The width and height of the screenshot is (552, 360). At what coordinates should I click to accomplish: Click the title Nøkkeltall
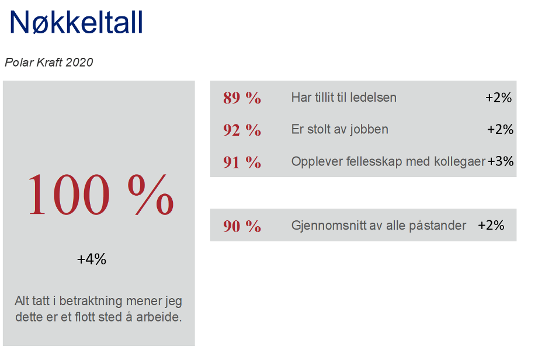pyautogui.click(x=77, y=22)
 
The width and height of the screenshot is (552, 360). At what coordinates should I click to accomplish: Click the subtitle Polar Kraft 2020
pyautogui.click(x=48, y=63)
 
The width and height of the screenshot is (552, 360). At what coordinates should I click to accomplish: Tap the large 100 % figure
pyautogui.click(x=100, y=194)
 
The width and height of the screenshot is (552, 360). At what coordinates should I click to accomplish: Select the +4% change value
pyautogui.click(x=92, y=259)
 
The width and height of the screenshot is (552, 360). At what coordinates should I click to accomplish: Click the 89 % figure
pyautogui.click(x=242, y=98)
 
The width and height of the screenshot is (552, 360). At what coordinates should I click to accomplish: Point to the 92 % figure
pyautogui.click(x=242, y=130)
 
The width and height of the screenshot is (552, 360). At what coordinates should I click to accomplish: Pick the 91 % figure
pyautogui.click(x=242, y=162)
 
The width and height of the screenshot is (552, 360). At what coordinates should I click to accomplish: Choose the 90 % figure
pyautogui.click(x=242, y=226)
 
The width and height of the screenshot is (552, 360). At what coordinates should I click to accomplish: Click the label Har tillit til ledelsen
pyautogui.click(x=344, y=97)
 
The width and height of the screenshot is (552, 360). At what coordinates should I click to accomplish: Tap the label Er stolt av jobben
pyautogui.click(x=340, y=129)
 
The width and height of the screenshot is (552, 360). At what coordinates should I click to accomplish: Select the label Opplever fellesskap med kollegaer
pyautogui.click(x=388, y=161)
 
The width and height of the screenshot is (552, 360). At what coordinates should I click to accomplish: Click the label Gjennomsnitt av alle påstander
pyautogui.click(x=379, y=225)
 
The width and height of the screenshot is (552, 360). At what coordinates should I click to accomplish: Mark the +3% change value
pyautogui.click(x=500, y=161)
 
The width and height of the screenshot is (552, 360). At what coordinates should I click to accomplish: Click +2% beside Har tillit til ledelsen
pyautogui.click(x=498, y=97)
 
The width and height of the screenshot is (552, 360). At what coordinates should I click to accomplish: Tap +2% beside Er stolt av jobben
pyautogui.click(x=500, y=129)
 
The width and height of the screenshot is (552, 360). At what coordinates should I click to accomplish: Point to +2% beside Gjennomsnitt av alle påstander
pyautogui.click(x=491, y=225)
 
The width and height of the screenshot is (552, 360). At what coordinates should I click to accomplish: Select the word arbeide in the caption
pyautogui.click(x=159, y=317)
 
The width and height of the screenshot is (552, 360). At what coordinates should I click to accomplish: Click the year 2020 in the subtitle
pyautogui.click(x=79, y=63)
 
